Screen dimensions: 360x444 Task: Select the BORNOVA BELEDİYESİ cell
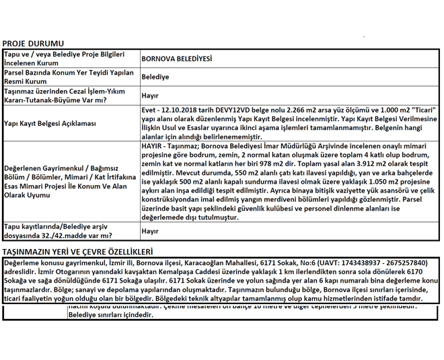pyautogui.click(x=176, y=59)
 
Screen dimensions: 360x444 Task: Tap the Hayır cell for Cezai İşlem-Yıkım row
pyautogui.click(x=150, y=96)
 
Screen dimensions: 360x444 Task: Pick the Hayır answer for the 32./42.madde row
pyautogui.click(x=150, y=231)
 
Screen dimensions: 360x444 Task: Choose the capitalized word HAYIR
pyautogui.click(x=153, y=145)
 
